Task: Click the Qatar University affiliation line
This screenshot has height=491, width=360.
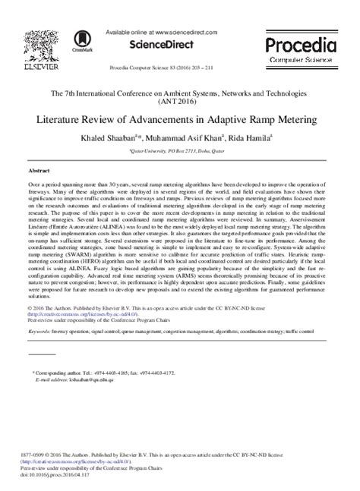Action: point(179,151)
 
